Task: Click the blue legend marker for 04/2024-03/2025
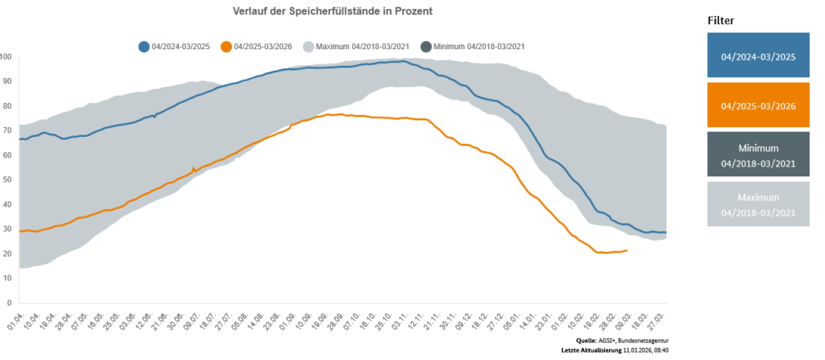tap(144, 47)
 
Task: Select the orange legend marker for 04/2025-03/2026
tap(227, 47)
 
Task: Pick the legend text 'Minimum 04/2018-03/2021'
tap(479, 47)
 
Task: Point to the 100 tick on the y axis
tap(6, 57)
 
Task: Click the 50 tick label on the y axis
tap(8, 180)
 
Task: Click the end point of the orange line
tap(627, 250)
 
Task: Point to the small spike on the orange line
tap(193, 168)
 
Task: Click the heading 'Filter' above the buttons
tap(721, 19)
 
